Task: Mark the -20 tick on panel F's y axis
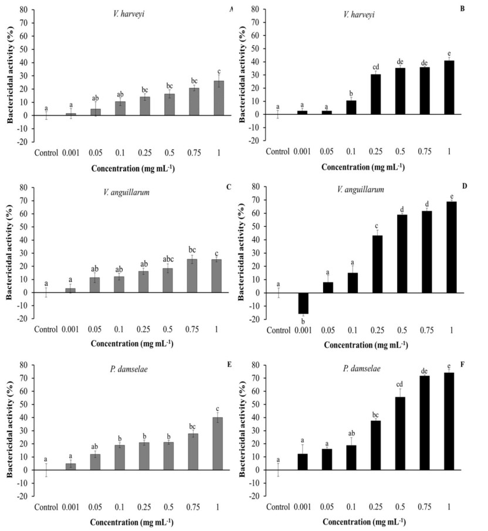[256, 496]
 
